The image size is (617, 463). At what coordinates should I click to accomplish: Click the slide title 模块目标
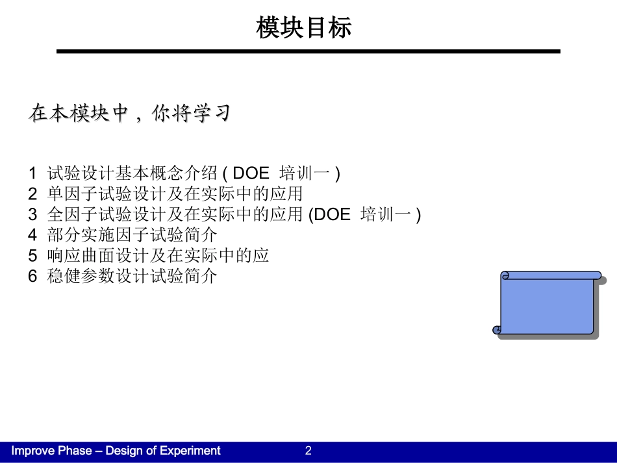coord(304,28)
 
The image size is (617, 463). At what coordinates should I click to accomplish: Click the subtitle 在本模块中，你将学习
coord(130,114)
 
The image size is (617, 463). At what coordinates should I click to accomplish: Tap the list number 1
coord(32,173)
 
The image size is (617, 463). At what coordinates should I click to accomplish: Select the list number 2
coord(32,194)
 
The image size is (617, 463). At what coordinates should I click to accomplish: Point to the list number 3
coord(32,215)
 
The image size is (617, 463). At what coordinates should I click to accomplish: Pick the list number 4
coord(32,235)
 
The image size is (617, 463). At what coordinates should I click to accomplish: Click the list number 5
coord(32,256)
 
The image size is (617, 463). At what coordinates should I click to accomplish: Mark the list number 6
coord(32,277)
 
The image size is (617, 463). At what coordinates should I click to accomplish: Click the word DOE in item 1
coord(251,173)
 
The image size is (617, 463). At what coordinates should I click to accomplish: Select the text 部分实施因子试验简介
coord(132,235)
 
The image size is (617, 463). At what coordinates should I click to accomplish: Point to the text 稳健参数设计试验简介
coord(132,277)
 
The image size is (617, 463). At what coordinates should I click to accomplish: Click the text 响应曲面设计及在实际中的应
coord(158,256)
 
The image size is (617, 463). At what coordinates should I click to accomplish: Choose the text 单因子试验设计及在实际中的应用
coord(175,194)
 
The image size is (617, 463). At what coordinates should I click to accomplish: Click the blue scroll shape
coord(548,304)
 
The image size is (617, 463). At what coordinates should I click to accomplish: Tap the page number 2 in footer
coord(308,451)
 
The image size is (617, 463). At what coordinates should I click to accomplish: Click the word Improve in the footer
coord(32,451)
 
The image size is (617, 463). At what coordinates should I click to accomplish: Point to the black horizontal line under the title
coord(308,51)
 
